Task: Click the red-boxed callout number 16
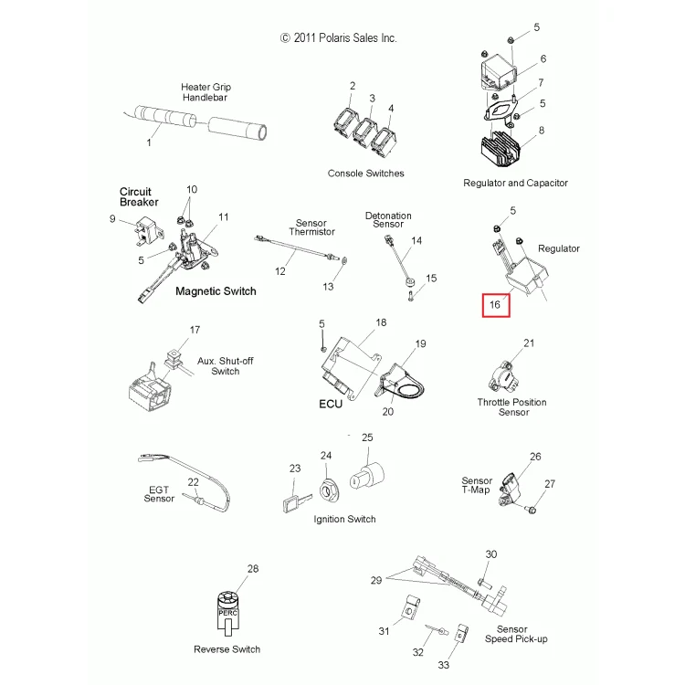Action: click(x=495, y=304)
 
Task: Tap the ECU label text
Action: click(x=331, y=404)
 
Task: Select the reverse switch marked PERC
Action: click(x=227, y=614)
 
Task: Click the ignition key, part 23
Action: click(x=297, y=502)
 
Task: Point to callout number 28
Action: click(x=253, y=568)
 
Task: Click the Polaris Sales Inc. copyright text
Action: click(x=339, y=38)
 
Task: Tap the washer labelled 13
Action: click(x=344, y=261)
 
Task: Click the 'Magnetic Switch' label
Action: click(x=216, y=291)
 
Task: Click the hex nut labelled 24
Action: click(x=327, y=490)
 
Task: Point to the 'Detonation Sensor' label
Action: click(x=388, y=220)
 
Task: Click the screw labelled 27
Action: click(x=532, y=510)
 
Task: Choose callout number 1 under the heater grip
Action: click(x=149, y=142)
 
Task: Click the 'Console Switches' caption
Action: click(x=365, y=174)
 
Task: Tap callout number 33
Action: click(x=443, y=665)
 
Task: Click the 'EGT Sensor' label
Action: click(x=159, y=494)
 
